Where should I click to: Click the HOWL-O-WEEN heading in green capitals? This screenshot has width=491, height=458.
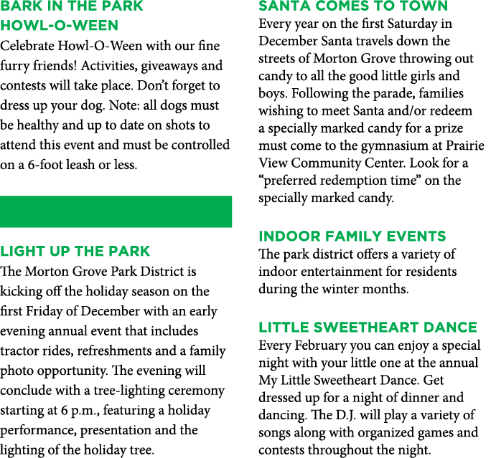[59, 25]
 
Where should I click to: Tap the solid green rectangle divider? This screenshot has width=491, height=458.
[116, 211]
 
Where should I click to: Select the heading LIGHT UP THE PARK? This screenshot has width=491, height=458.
[75, 252]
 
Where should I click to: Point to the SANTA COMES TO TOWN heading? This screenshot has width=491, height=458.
[353, 6]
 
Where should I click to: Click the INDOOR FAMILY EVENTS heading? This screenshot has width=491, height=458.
[352, 237]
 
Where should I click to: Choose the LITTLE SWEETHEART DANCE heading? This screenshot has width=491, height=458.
[368, 328]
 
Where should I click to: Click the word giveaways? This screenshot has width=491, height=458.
[169, 66]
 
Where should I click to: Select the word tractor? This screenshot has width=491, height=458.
[19, 350]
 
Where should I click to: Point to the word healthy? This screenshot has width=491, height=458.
[37, 125]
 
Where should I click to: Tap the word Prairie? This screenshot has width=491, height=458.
[465, 145]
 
